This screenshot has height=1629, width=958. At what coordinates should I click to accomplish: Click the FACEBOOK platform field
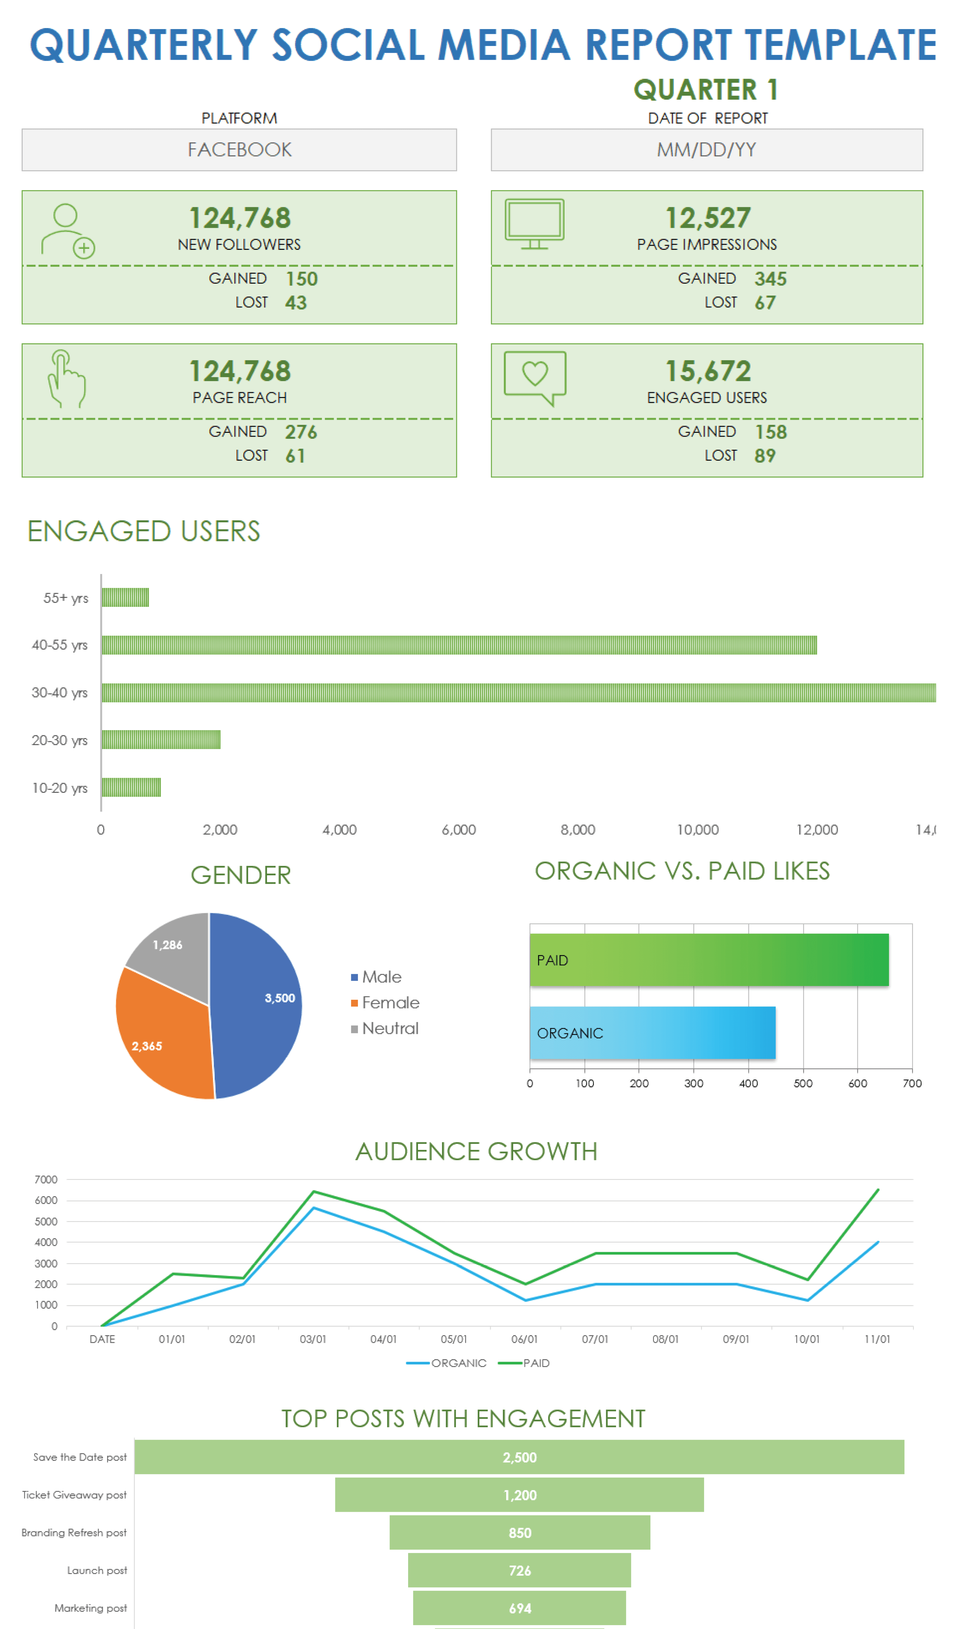coord(239,150)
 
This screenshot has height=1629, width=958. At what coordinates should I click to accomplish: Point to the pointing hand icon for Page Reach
coord(66,379)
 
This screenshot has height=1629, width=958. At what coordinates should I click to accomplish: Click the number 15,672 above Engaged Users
coord(708,371)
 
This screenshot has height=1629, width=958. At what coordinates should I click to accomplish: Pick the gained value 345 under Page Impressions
coord(770,279)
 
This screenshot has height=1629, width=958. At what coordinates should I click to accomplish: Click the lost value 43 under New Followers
coord(296,302)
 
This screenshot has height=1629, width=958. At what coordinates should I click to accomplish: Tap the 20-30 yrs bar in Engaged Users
coord(161,739)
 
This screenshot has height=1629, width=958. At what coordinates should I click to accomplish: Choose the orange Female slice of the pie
coord(162,1034)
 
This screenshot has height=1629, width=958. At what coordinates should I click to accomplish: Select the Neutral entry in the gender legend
coord(390,1029)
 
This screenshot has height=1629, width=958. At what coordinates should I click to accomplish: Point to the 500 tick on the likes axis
coord(803,1083)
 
